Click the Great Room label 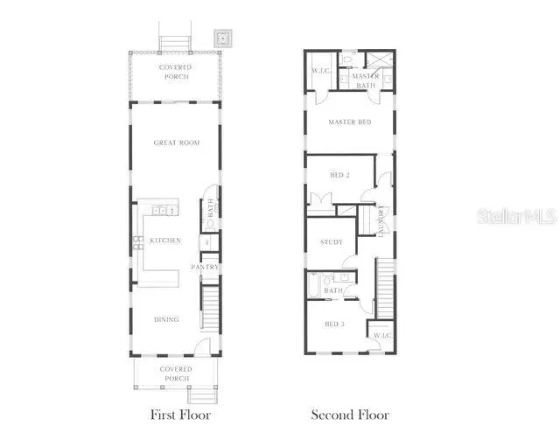click(x=175, y=143)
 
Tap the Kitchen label click(x=164, y=241)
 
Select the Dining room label click(x=166, y=319)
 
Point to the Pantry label click(x=205, y=267)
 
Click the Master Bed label click(x=349, y=122)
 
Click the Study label click(x=331, y=242)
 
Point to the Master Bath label click(x=365, y=80)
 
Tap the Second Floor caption click(x=350, y=415)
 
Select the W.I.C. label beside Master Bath click(x=318, y=72)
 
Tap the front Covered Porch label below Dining click(x=175, y=374)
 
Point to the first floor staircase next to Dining click(x=210, y=302)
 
